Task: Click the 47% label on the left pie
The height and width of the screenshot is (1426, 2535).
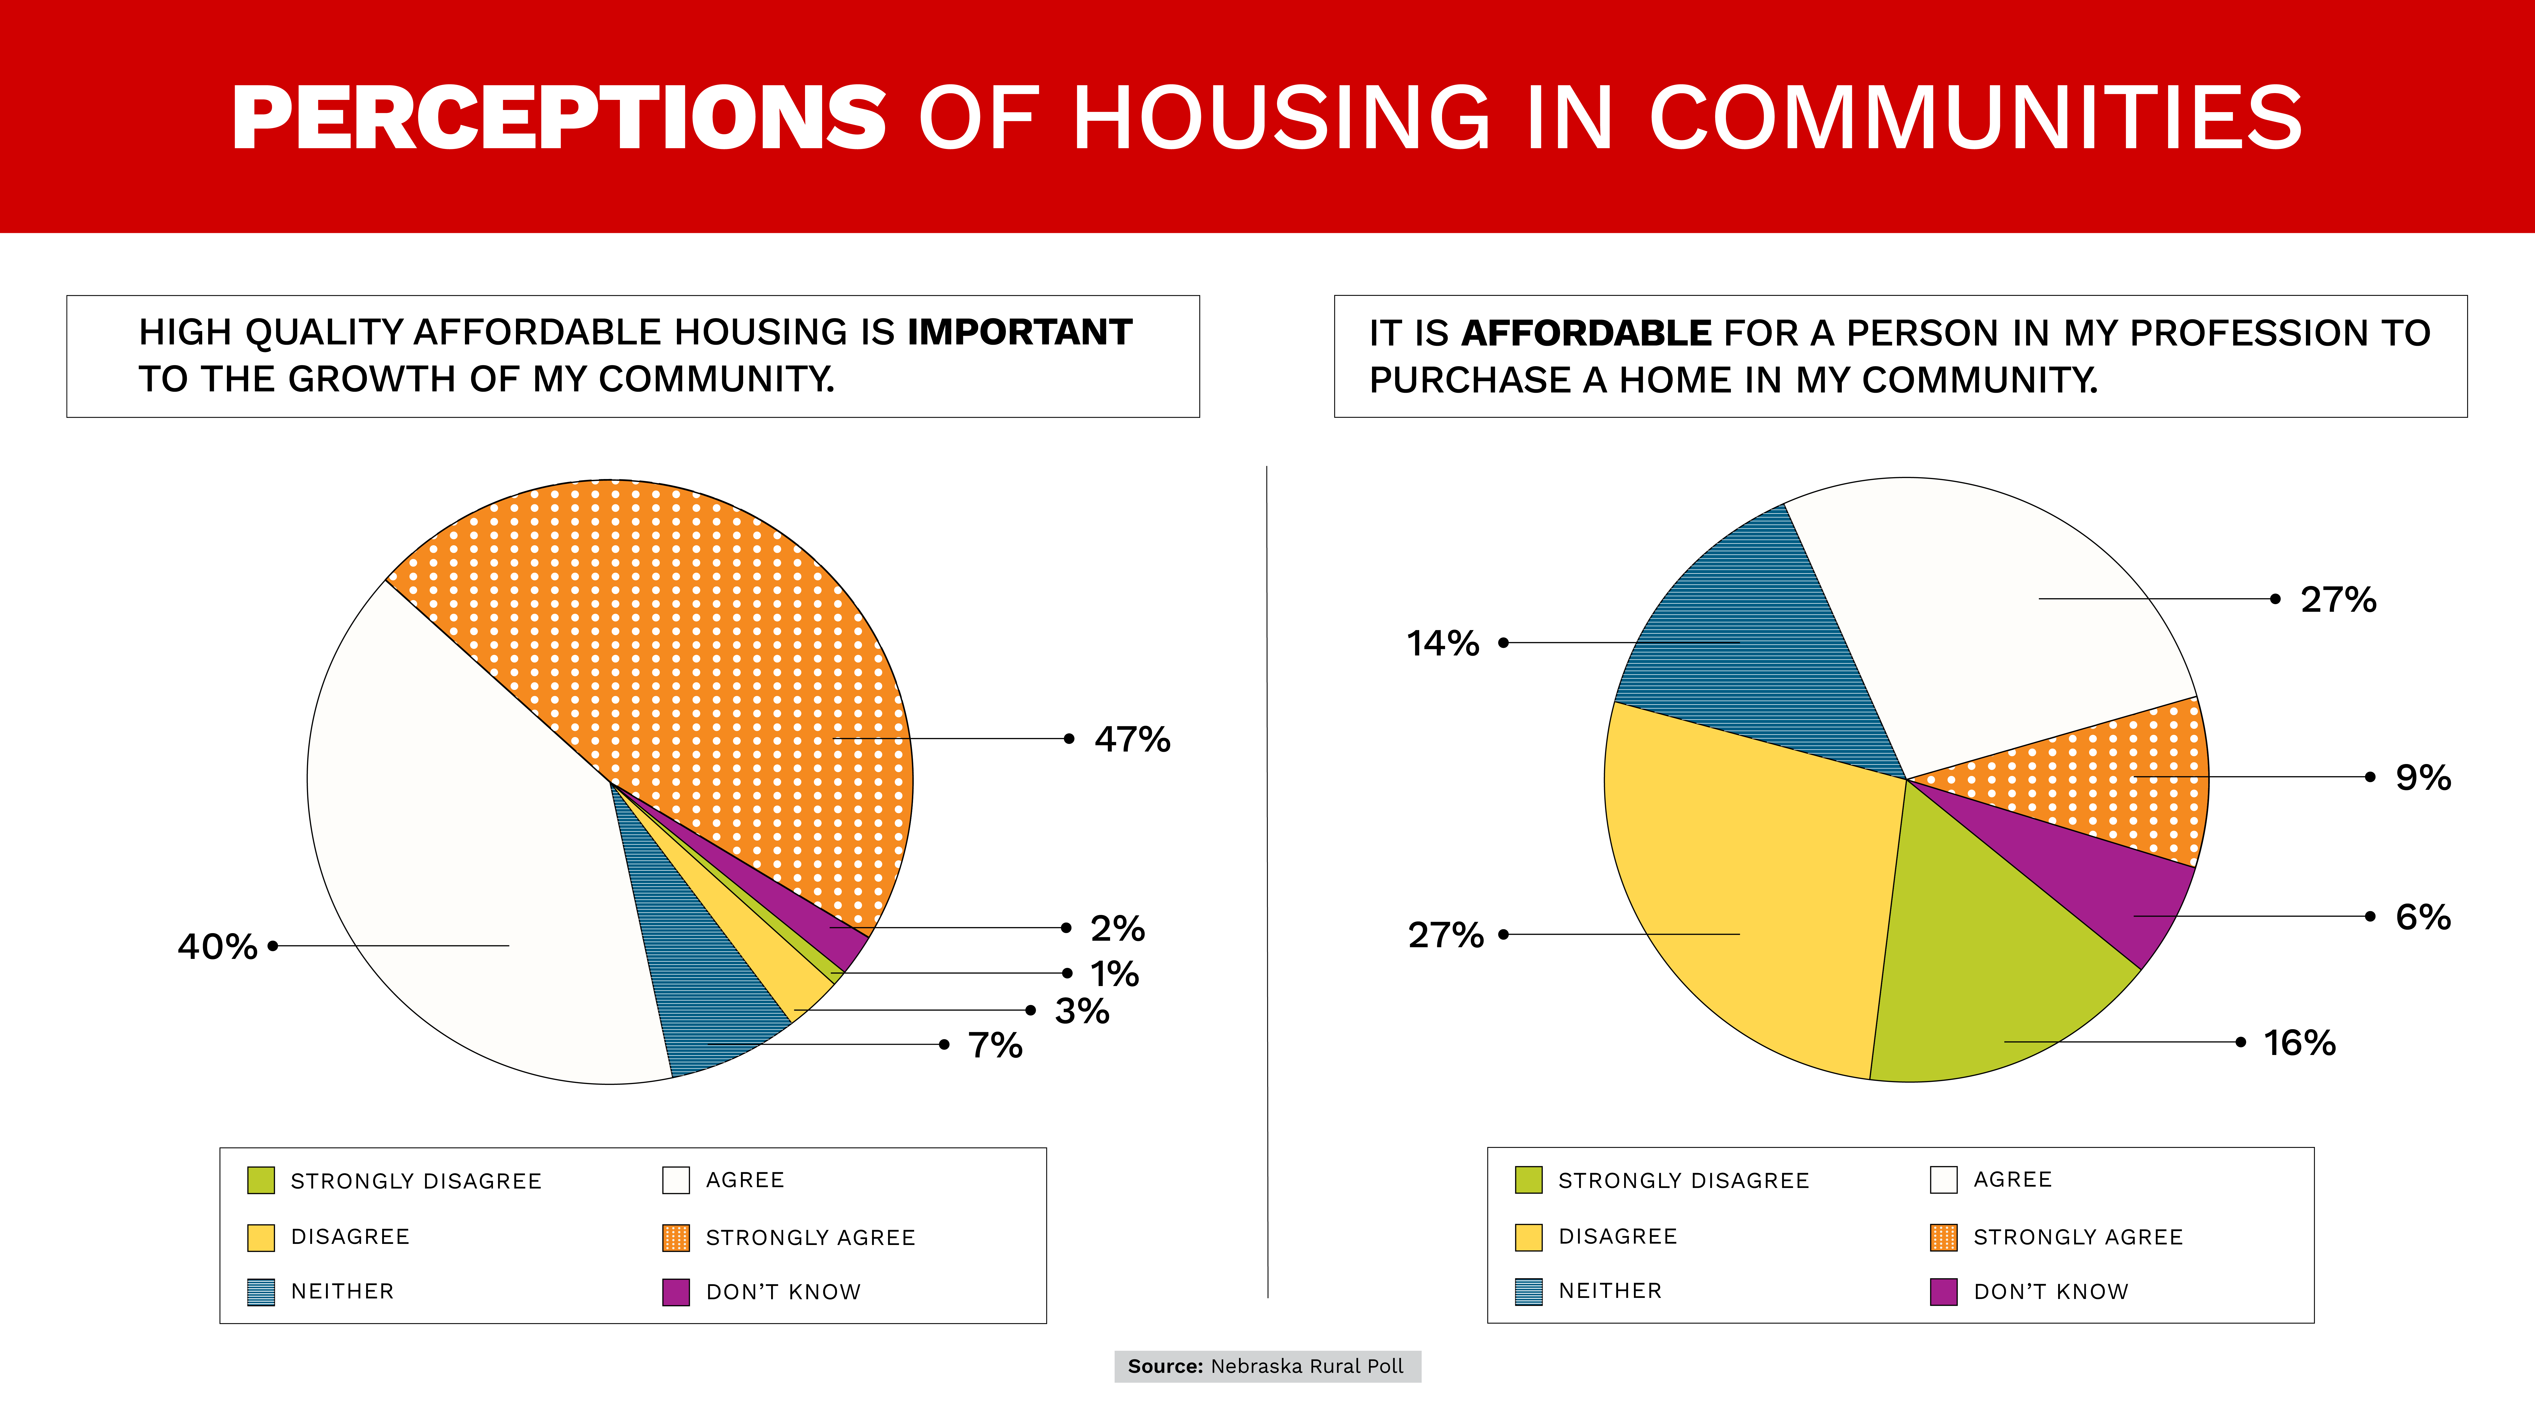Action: [x=1132, y=739]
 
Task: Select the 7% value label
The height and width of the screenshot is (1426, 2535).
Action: [x=995, y=1045]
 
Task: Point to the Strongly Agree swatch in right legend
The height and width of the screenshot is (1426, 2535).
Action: [x=1944, y=1237]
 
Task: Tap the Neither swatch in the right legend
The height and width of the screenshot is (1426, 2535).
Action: [x=1528, y=1291]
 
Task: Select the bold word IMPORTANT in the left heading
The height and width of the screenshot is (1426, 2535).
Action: [x=1019, y=333]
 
